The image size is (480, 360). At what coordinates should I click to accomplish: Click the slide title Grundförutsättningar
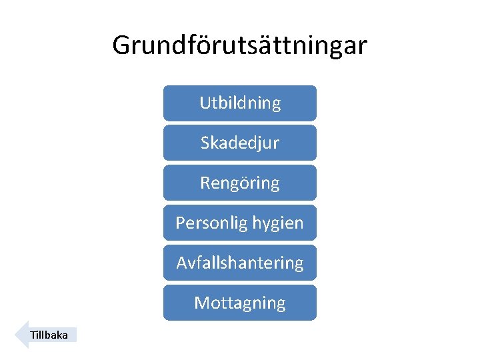tap(239, 45)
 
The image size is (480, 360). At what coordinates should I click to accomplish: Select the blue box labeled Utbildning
tap(239, 103)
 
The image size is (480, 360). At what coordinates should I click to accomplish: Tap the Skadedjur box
tap(239, 143)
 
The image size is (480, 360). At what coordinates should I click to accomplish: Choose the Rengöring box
tap(239, 183)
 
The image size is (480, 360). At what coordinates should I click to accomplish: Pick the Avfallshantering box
tap(239, 263)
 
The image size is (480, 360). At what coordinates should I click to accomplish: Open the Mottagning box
tap(239, 303)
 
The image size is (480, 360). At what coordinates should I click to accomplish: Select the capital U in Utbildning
tap(205, 103)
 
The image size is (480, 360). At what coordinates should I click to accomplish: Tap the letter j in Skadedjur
tap(257, 143)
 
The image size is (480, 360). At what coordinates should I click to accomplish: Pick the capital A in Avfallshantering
tap(181, 263)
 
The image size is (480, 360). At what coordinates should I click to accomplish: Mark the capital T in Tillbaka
tap(33, 335)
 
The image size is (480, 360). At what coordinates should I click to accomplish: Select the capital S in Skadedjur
tap(205, 143)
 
